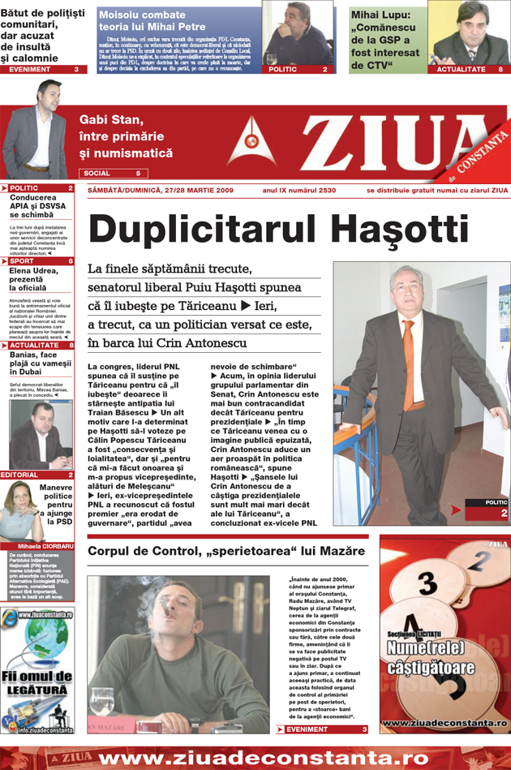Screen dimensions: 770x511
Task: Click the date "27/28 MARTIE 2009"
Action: (x=194, y=191)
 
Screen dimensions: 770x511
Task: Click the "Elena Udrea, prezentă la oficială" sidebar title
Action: (x=36, y=279)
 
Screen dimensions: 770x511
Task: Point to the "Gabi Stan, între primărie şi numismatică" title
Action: (x=126, y=136)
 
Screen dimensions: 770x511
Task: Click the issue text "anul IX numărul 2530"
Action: (x=299, y=191)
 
